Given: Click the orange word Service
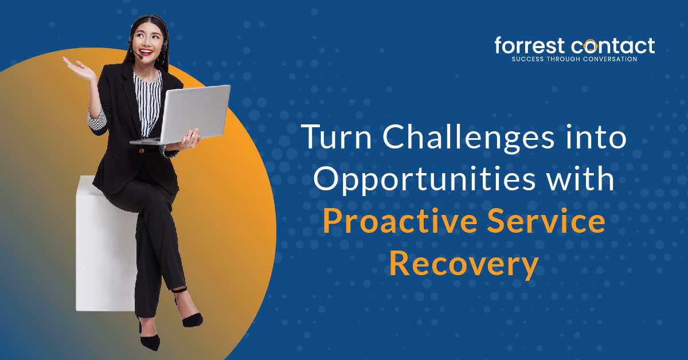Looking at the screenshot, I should coord(552,222).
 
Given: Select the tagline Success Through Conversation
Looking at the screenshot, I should coord(574,58).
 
